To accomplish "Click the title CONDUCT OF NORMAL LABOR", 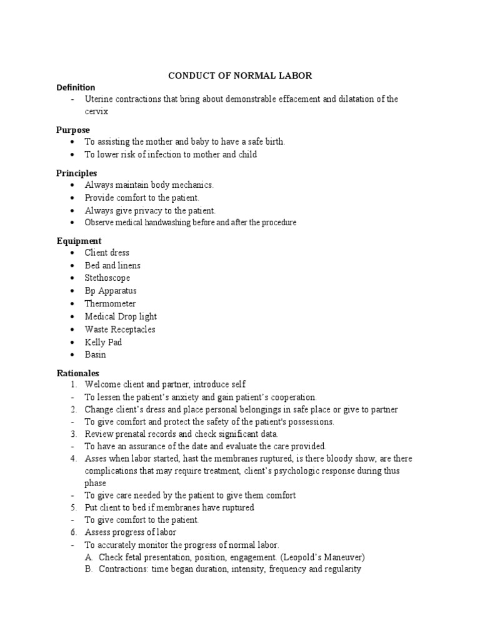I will click(x=240, y=76).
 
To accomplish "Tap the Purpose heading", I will click(x=73, y=130).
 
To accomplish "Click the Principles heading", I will click(x=76, y=173).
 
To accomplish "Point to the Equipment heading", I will click(x=79, y=241).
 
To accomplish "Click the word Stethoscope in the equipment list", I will click(x=107, y=278).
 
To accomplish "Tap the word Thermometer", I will click(x=110, y=304).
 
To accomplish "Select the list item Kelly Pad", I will click(x=103, y=342).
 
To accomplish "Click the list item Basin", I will click(x=96, y=354).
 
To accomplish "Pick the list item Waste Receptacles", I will click(x=120, y=329).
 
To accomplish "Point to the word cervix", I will click(x=97, y=112).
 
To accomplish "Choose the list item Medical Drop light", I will click(x=121, y=316).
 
